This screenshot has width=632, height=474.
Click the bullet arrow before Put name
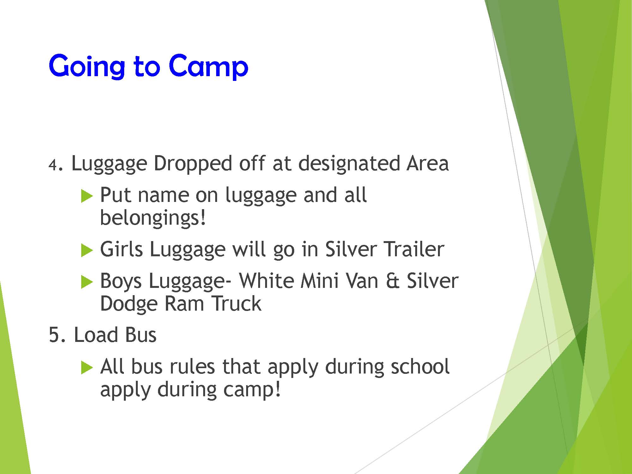(x=87, y=196)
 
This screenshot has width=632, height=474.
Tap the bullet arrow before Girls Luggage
(x=87, y=251)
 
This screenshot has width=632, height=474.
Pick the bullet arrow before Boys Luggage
(x=87, y=282)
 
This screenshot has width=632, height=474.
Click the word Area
(x=428, y=164)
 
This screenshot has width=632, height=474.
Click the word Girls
(x=121, y=249)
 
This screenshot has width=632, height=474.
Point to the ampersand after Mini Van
(x=392, y=281)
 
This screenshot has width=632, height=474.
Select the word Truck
(x=237, y=304)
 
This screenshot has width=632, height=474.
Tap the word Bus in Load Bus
(x=141, y=335)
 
